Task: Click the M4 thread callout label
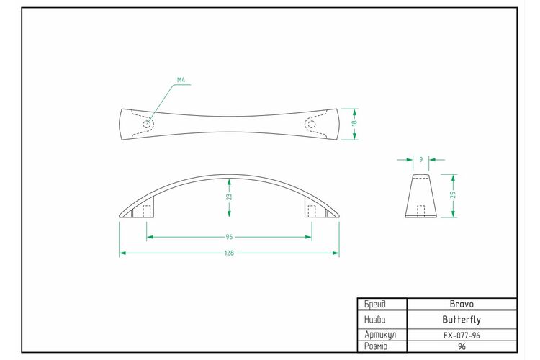(x=181, y=80)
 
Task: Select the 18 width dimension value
(x=355, y=123)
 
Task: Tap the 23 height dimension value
(x=230, y=197)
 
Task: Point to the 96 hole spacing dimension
(x=230, y=237)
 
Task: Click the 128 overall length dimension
(x=230, y=253)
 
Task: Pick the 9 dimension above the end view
(x=421, y=160)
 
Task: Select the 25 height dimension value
(x=453, y=194)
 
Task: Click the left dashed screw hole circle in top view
(x=148, y=124)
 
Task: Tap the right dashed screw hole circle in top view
(x=311, y=124)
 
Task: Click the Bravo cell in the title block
(x=462, y=304)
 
